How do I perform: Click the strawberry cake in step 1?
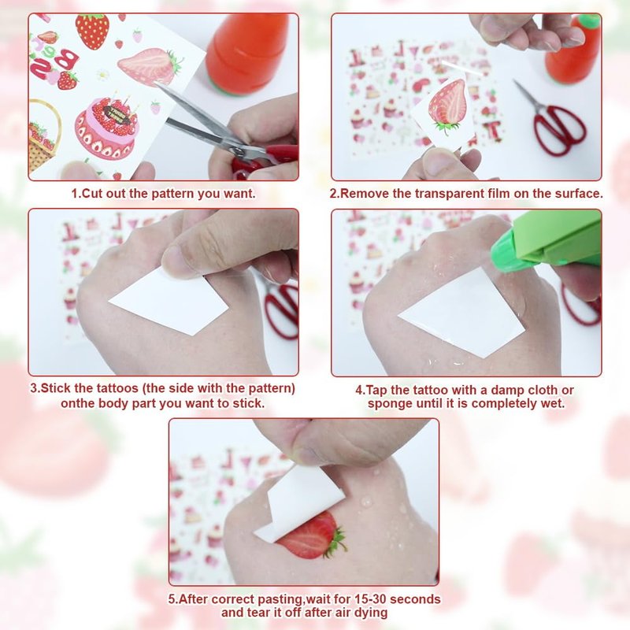click(x=106, y=127)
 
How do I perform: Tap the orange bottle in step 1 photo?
click(x=246, y=53)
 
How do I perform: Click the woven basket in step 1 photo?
click(x=44, y=135)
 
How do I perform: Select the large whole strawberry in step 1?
click(x=92, y=31)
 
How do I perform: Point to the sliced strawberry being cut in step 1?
click(x=149, y=66)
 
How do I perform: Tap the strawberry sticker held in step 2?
click(x=447, y=106)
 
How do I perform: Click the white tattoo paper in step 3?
click(x=169, y=303)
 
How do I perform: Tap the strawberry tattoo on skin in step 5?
click(x=311, y=536)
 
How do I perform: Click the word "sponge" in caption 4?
click(x=390, y=403)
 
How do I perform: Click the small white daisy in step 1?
click(x=103, y=75)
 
